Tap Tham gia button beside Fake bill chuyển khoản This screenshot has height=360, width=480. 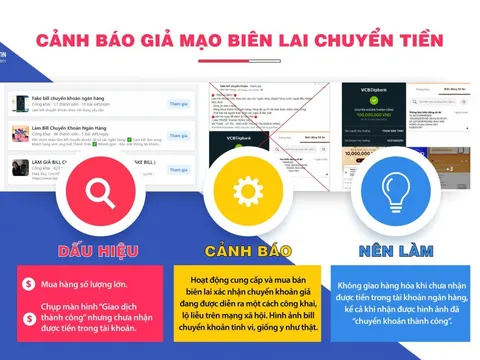coord(177,104)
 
